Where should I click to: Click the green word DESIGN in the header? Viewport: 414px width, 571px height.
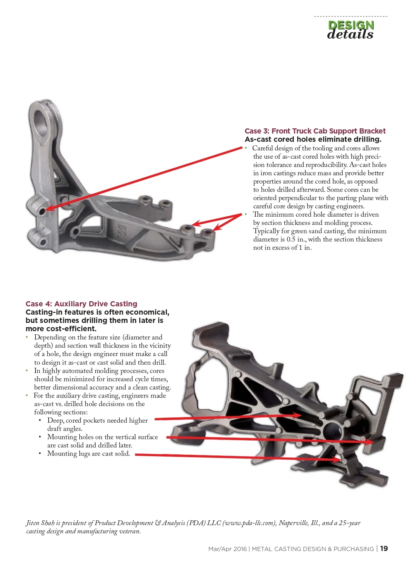point(351,25)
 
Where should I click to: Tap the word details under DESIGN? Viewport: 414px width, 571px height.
point(350,35)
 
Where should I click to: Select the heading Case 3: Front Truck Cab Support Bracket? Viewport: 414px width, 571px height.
point(315,131)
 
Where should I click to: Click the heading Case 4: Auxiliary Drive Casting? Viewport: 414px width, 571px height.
point(81,304)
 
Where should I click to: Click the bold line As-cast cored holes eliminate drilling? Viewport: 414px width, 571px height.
point(313,139)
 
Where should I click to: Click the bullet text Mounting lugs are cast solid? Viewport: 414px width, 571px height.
point(88,453)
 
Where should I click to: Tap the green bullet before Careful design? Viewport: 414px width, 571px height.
point(246,148)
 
